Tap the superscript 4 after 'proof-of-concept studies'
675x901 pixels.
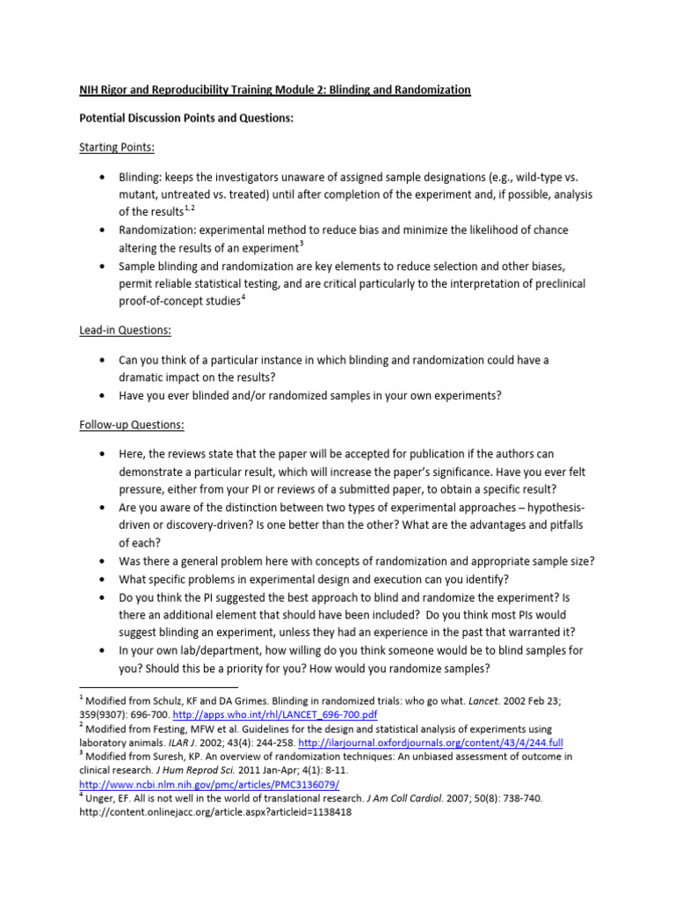[244, 298]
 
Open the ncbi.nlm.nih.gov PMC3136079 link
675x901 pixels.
[209, 784]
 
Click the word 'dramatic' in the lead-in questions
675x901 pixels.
[143, 377]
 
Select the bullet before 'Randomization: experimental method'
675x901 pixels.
[104, 231]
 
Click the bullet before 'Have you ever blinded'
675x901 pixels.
[104, 396]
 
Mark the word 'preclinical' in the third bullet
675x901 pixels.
[555, 283]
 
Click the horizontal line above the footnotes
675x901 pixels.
[158, 685]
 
